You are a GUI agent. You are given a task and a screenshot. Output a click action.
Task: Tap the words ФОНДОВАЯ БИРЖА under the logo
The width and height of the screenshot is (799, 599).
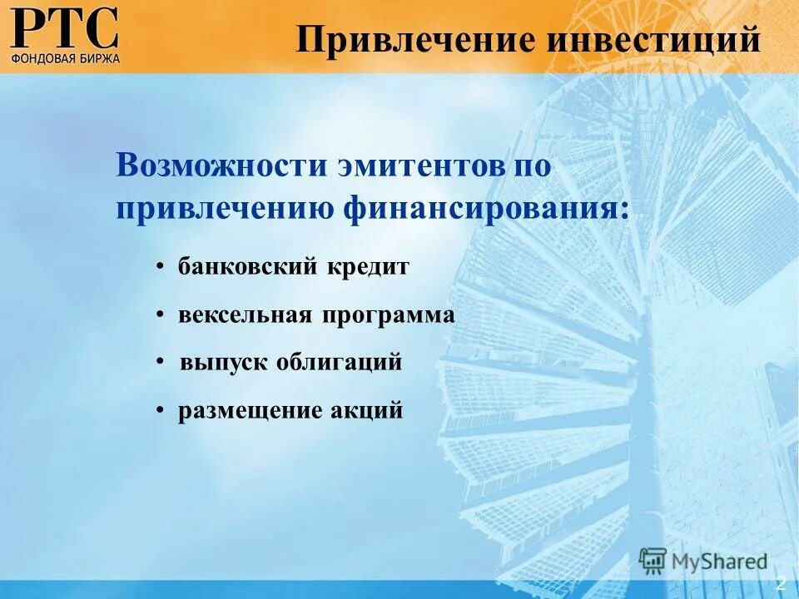66,58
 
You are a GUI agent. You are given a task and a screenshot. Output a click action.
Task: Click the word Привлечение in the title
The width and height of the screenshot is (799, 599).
415,39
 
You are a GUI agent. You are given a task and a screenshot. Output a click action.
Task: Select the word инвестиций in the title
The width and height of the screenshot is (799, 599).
653,39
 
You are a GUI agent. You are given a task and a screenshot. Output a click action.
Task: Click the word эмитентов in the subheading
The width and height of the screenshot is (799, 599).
419,164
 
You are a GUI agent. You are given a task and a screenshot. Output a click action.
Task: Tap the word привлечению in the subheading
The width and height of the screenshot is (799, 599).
225,207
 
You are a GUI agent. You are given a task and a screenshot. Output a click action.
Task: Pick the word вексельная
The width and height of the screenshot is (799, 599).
245,315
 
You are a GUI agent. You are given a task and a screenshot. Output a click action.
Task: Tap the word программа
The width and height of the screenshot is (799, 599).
390,316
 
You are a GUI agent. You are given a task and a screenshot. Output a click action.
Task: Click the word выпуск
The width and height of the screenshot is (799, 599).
221,364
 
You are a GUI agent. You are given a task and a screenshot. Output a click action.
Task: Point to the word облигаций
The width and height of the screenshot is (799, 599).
340,363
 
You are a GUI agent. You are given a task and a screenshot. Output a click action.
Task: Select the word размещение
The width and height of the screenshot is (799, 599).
246,411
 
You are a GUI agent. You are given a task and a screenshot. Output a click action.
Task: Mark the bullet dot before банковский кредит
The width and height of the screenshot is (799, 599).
160,268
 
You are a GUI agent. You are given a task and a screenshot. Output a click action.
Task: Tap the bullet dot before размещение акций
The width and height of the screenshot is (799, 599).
160,411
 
